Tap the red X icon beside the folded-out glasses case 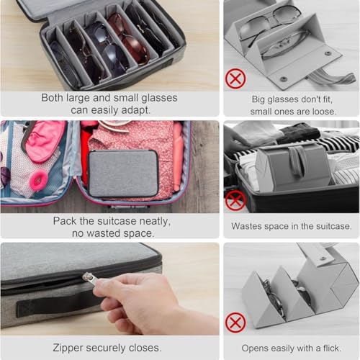(235, 78)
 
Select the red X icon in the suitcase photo (235, 201)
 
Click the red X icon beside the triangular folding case (235, 323)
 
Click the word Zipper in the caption (68, 348)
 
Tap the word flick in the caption (332, 348)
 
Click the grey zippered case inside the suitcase (123, 174)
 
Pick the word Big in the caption (258, 99)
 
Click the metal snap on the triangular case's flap (323, 259)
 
